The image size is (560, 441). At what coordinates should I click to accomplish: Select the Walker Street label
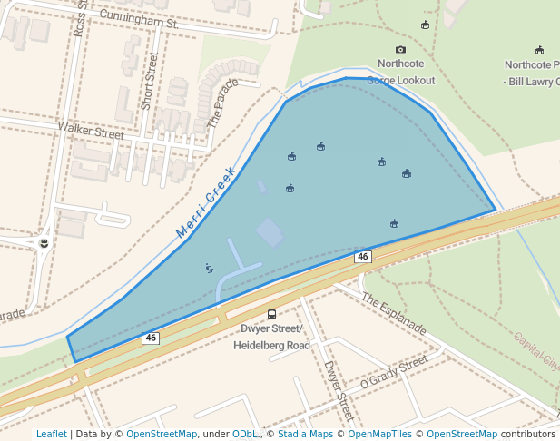point(90,132)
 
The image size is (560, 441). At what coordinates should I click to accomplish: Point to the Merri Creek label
point(206,202)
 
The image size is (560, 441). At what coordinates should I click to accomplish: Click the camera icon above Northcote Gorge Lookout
point(400,50)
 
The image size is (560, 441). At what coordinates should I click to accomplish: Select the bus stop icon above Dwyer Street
point(271,314)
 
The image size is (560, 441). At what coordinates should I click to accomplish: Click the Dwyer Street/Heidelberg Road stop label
point(271,337)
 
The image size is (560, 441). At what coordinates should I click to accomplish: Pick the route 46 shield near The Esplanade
point(363,257)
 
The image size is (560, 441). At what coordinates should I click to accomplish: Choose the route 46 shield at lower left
point(151,338)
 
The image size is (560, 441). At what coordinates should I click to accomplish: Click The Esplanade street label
point(393,312)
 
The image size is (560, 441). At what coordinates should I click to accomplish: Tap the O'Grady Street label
point(393,373)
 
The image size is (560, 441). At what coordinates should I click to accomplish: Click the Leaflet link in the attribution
point(51,434)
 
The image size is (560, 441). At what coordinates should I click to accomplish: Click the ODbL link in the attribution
point(245,434)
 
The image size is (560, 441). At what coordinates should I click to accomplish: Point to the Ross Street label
point(79,18)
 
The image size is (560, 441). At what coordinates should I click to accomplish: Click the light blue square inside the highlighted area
point(270,231)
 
